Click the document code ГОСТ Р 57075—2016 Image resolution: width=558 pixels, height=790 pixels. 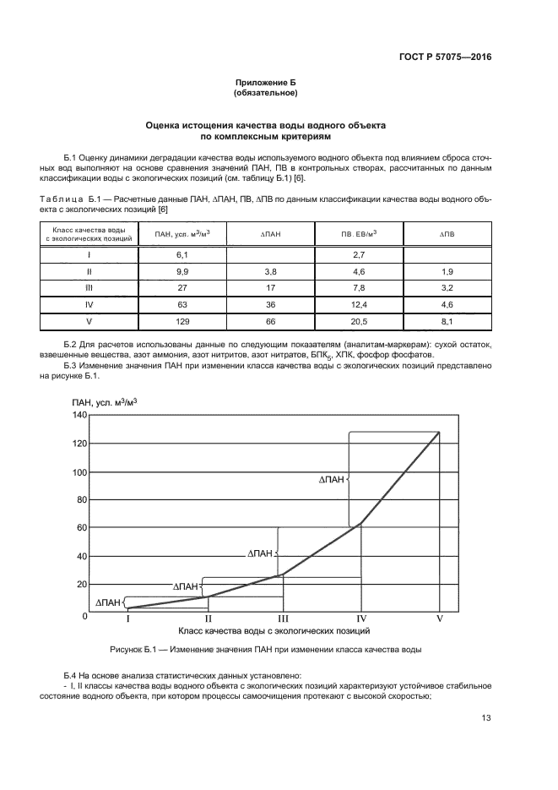click(445, 57)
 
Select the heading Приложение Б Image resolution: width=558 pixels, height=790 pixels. click(265, 83)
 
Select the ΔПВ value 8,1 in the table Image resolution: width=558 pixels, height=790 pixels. click(447, 322)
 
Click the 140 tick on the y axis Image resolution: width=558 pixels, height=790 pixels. click(79, 415)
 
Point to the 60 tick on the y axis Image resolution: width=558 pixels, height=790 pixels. click(82, 527)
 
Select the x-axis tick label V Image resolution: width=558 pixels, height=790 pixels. click(439, 618)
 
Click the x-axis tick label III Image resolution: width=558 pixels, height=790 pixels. click(283, 618)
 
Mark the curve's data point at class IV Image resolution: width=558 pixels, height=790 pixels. click(361, 524)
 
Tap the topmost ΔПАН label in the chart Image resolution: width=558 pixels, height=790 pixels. click(331, 479)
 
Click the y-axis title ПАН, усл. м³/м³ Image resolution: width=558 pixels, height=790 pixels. click(105, 401)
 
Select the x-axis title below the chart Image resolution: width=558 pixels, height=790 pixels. click(274, 630)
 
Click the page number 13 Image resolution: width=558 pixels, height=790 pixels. click(485, 718)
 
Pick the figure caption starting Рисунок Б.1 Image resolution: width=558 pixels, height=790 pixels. click(265, 650)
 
